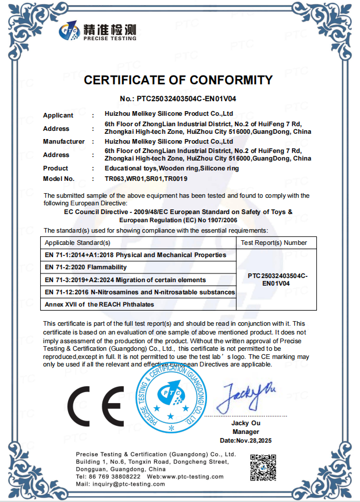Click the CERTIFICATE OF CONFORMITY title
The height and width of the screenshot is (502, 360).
click(x=178, y=80)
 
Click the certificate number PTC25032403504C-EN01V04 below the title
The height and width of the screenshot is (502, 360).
click(x=177, y=99)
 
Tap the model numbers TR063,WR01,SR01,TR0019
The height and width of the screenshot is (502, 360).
click(x=142, y=179)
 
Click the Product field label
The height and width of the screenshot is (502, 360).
click(x=56, y=168)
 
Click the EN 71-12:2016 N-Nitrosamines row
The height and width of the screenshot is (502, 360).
click(x=140, y=291)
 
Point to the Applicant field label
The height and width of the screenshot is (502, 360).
click(x=58, y=115)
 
